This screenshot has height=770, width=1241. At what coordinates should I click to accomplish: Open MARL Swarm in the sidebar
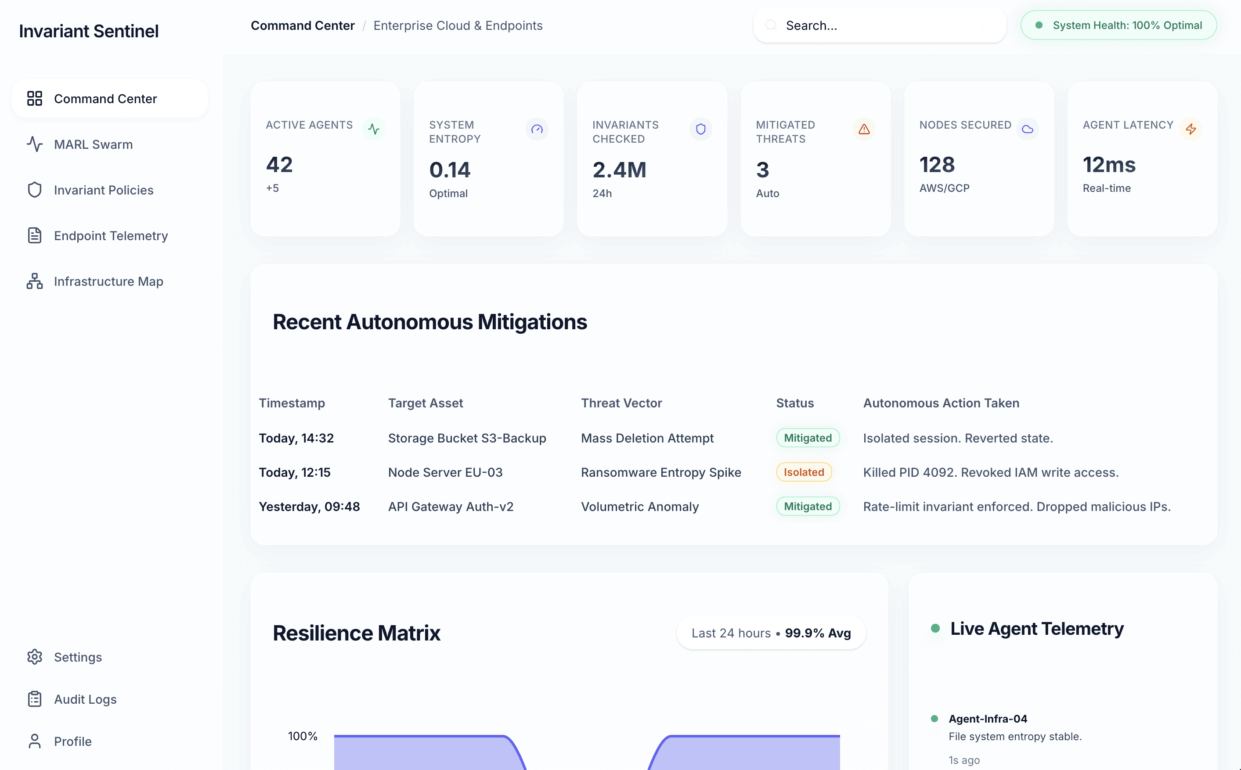[93, 144]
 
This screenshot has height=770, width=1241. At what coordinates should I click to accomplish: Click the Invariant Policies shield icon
[34, 190]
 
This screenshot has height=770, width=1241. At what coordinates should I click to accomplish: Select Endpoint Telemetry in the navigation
[111, 236]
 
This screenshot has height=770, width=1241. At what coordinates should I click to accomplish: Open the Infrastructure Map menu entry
[108, 282]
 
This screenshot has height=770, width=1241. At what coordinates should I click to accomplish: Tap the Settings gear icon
[34, 657]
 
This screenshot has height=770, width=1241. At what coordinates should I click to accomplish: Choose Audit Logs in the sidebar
[85, 699]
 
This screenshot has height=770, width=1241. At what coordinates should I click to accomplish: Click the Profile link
[72, 741]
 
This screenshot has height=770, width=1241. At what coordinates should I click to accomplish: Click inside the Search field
[887, 25]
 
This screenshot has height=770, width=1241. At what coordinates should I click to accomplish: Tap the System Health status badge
[1119, 25]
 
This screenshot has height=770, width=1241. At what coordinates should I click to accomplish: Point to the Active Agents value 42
[279, 165]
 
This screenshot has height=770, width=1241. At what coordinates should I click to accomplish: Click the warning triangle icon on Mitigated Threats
[864, 130]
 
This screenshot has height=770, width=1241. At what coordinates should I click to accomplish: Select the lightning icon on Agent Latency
[1190, 130]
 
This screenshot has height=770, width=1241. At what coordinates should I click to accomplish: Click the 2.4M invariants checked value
[619, 170]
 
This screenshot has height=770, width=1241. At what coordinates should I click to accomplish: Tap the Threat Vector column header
[621, 403]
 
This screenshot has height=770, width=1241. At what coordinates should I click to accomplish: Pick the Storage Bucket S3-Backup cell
[467, 439]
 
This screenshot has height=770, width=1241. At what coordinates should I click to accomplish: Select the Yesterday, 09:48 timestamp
[309, 507]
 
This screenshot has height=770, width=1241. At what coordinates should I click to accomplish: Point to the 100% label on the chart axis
[303, 736]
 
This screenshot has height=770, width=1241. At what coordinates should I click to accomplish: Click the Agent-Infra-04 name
[988, 719]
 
